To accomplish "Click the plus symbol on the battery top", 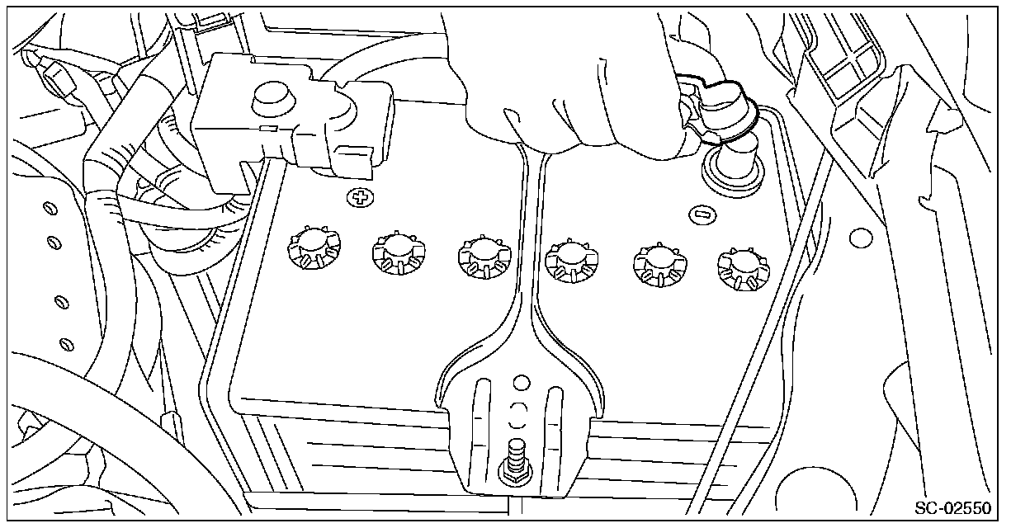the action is tap(359, 199).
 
